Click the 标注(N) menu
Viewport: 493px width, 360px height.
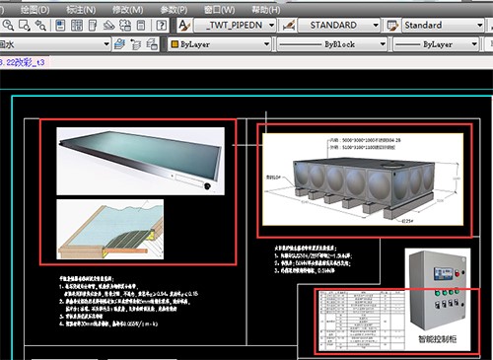coord(82,8)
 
